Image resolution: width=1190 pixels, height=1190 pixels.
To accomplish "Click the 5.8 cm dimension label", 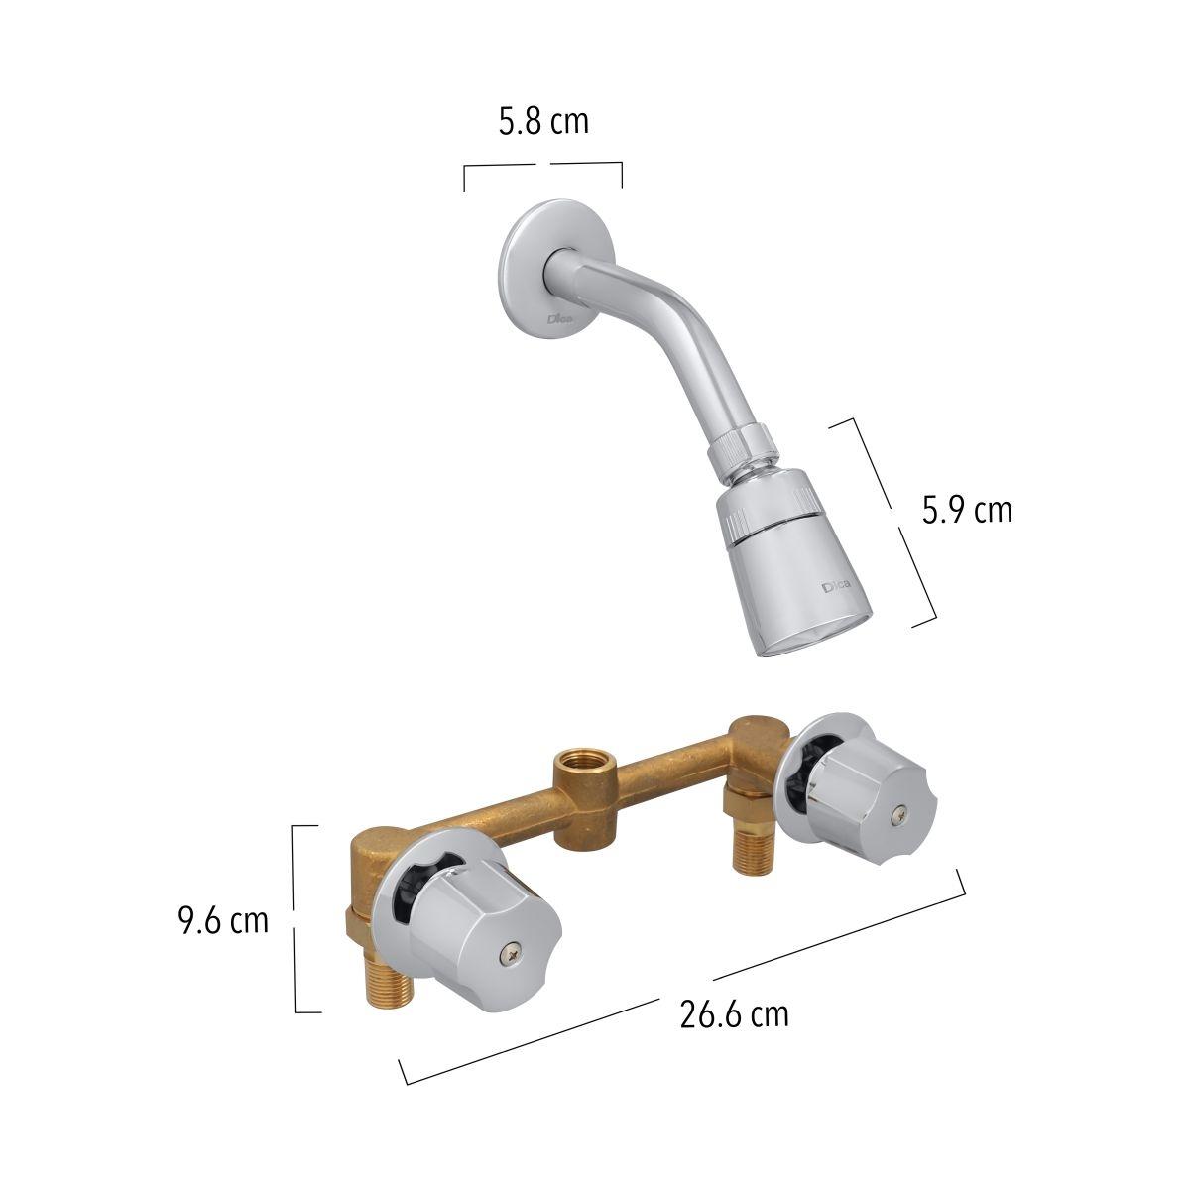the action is (x=543, y=122).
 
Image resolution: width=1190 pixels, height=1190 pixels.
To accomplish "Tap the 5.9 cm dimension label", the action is (x=967, y=511).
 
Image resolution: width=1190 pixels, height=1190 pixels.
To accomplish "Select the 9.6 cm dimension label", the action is (x=223, y=921).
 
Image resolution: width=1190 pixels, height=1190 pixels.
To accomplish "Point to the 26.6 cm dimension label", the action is (x=734, y=1014).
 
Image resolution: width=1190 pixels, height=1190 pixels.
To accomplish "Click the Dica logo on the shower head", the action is (x=836, y=585).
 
